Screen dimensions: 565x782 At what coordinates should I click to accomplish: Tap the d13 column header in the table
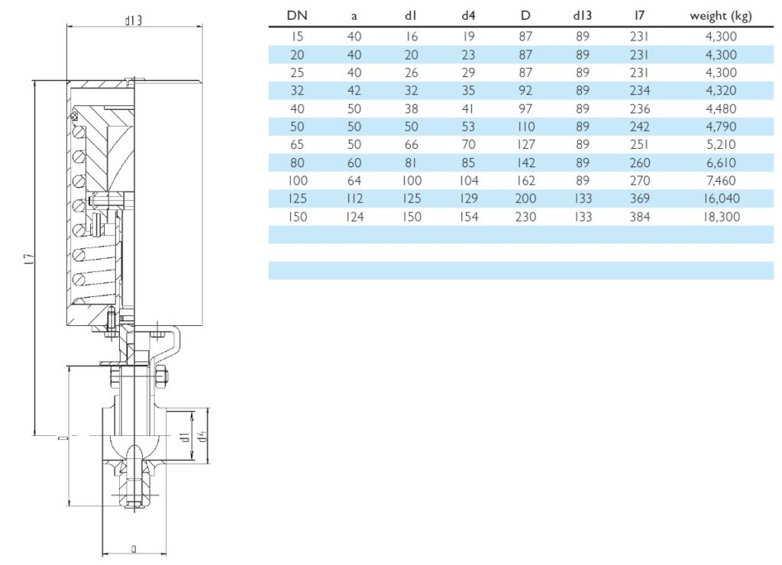(x=583, y=16)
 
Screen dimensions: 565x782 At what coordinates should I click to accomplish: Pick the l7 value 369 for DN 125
(x=641, y=199)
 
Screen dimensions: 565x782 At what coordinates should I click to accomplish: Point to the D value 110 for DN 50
(x=526, y=126)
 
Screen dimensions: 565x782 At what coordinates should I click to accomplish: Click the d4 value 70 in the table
(x=469, y=144)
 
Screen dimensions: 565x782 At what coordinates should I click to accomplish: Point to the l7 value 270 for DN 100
(x=641, y=180)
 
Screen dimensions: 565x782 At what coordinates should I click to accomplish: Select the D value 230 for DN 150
(x=526, y=217)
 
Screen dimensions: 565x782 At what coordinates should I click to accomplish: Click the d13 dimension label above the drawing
(x=134, y=21)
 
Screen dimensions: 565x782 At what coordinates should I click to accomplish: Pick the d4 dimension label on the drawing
(x=202, y=436)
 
